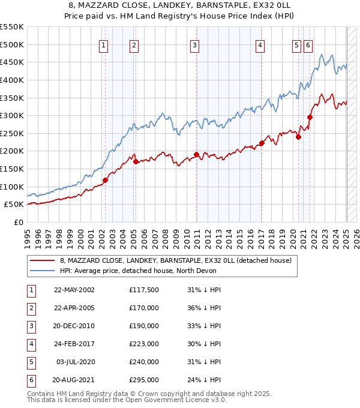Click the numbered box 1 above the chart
104,45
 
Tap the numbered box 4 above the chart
260,45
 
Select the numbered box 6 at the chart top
308,45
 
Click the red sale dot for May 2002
105,180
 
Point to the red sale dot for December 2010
196,154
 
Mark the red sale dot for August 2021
310,117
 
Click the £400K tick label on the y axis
11,80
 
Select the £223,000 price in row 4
144,344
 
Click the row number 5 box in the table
30,362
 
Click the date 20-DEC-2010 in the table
74,326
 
